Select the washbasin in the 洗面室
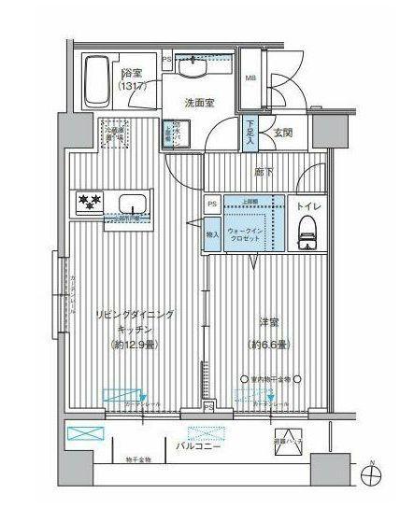[196, 70]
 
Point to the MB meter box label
[250, 78]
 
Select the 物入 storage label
[213, 234]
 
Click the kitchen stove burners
[89, 201]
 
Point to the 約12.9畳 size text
[135, 344]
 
